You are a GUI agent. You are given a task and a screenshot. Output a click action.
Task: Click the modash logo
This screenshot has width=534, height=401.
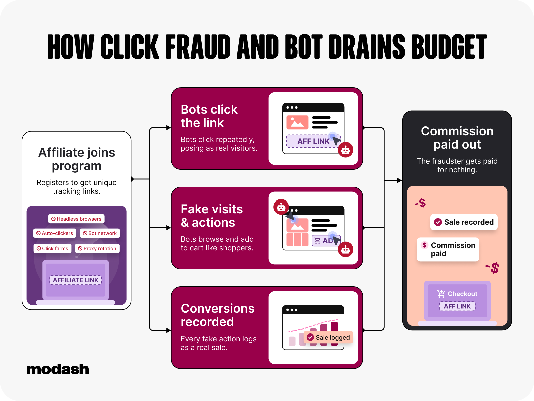pos(58,369)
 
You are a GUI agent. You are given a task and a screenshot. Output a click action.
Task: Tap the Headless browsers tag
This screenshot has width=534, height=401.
pos(76,219)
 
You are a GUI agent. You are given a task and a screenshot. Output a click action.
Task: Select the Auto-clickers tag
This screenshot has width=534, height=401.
pos(55,233)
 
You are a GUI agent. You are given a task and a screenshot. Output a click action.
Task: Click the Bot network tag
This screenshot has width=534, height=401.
pos(100,233)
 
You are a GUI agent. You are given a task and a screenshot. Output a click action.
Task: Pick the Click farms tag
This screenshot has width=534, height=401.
pos(52,248)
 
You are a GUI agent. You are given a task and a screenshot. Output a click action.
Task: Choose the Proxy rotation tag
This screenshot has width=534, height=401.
pos(97,248)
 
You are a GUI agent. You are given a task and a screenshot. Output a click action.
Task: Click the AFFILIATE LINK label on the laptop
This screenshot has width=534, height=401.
pos(76,280)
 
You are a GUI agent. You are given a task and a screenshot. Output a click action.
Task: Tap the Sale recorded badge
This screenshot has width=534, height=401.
pos(464,222)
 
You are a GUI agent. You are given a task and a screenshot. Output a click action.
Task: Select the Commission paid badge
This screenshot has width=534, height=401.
pos(448,249)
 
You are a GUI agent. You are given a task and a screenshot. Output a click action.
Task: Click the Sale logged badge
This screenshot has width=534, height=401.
pos(328,337)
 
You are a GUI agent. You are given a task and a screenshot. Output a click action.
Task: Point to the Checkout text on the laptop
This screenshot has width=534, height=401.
pos(462,294)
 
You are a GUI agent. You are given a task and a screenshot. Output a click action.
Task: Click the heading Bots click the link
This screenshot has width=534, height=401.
pos(209,116)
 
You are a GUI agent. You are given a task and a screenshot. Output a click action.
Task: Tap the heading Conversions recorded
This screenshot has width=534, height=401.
pos(218,315)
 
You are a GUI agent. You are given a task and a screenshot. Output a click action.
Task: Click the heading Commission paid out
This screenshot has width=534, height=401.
pos(457,138)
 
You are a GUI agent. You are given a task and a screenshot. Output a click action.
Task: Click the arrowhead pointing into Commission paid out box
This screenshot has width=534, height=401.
pos(400,180)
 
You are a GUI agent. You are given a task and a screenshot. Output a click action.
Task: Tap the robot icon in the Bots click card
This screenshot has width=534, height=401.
pos(345,150)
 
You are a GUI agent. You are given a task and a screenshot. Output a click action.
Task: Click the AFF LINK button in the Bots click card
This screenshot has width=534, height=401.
pos(313,141)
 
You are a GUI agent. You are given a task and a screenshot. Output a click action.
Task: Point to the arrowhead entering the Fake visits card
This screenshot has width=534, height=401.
pos(168,228)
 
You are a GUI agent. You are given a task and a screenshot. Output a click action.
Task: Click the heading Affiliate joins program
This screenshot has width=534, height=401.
pos(77,159)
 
